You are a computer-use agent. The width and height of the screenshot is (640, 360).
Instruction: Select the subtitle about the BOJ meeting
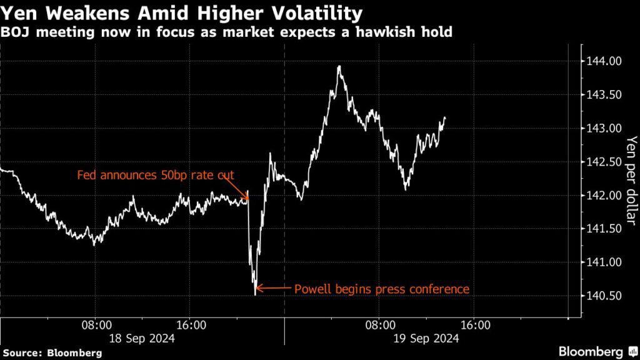coord(226,32)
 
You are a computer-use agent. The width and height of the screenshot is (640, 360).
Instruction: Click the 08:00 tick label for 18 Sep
coord(96,325)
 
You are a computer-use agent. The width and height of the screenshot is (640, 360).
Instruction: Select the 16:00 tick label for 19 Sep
coord(475,325)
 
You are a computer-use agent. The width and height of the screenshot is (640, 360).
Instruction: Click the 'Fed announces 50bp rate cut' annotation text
coord(155,176)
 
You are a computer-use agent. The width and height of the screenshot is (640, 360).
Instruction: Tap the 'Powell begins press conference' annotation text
coord(381,289)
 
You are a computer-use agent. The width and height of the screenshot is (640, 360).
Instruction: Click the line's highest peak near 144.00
coord(339,66)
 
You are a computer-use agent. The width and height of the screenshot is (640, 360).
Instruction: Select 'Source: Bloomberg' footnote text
coord(52,352)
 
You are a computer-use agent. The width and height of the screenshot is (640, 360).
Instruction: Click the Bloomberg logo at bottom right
coord(594,351)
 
